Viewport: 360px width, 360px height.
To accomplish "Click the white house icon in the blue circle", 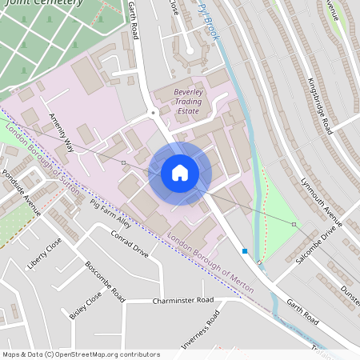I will pos(180,172).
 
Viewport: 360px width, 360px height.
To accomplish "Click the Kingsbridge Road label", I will pos(320,101).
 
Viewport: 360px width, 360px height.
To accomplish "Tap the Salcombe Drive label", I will pos(315,246).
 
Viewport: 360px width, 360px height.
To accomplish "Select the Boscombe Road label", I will pos(105,282).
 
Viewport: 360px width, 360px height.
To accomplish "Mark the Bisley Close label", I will pos(86,305).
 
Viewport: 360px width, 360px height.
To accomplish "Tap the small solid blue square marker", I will pos(245,250).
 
